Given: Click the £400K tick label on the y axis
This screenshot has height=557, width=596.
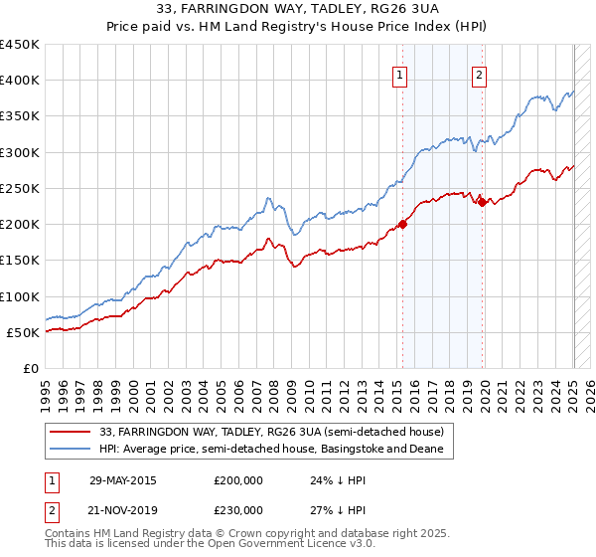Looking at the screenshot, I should coord(20,81).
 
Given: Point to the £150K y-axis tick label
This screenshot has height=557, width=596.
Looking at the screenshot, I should coord(20,261).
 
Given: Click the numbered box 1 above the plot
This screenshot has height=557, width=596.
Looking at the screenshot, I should coord(398,74).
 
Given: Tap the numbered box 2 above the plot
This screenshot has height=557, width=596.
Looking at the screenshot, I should coord(479,74).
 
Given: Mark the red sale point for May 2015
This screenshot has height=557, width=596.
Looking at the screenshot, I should coord(403,224).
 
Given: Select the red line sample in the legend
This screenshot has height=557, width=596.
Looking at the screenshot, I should coord(71,432).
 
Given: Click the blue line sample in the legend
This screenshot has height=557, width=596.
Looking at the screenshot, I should coord(71,450).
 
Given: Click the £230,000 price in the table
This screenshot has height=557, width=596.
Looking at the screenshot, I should coord(238,509).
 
